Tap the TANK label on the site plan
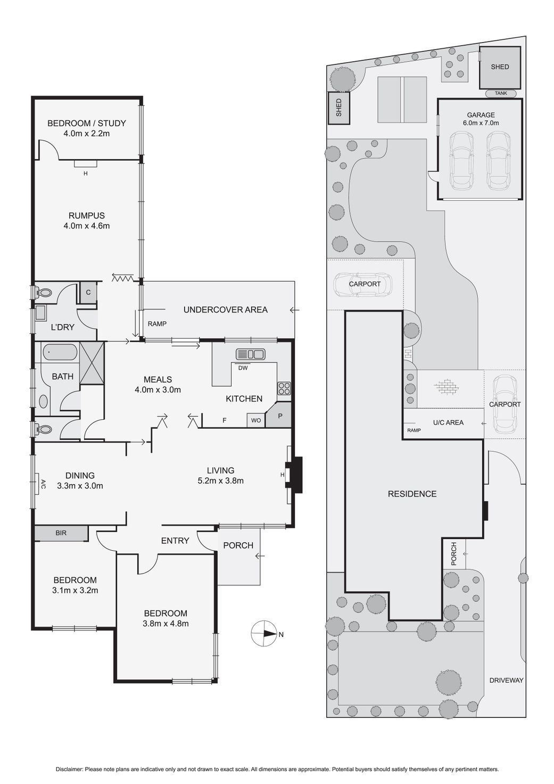[501, 93]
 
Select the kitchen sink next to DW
[250, 354]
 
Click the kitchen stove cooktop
[284, 388]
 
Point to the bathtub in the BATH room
[60, 352]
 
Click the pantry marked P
[279, 416]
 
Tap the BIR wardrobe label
[61, 533]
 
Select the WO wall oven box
[256, 420]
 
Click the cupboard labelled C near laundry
[88, 292]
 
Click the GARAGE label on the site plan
[481, 115]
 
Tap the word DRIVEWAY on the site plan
[506, 680]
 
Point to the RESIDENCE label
[412, 494]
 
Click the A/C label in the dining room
[43, 484]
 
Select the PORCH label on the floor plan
[238, 545]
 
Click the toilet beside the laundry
[44, 292]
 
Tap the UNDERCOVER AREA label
[225, 309]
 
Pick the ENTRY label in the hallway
[175, 541]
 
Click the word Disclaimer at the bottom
[69, 769]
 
